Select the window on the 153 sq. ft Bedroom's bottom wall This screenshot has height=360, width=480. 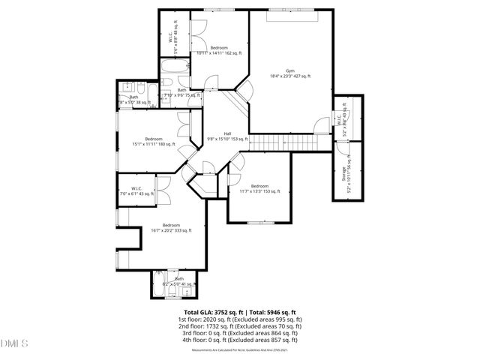259,222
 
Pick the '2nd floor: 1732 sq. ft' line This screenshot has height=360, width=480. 240,326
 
